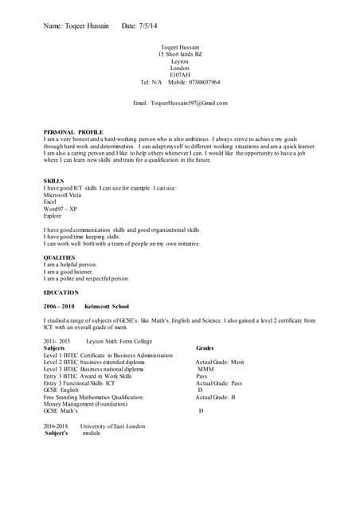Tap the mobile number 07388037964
click(x=198, y=82)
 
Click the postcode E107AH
click(x=181, y=75)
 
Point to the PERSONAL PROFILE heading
click(x=73, y=131)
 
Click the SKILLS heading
click(x=53, y=180)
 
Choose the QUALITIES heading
click(x=60, y=257)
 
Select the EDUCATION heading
click(x=62, y=292)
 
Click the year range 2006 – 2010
click(x=59, y=306)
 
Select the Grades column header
click(x=205, y=347)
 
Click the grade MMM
click(x=205, y=369)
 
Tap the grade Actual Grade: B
click(x=215, y=396)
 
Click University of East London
click(x=112, y=426)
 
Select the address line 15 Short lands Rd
click(x=180, y=54)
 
